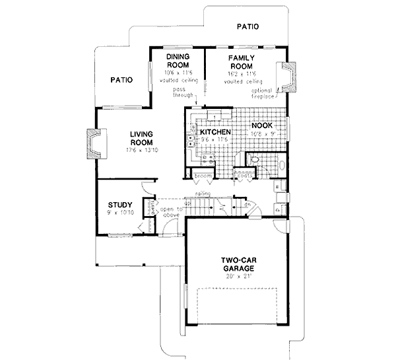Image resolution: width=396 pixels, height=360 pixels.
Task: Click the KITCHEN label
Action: point(216,132)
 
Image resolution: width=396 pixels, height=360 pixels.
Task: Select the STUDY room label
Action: point(120,204)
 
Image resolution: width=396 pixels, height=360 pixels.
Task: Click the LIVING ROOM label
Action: point(141,139)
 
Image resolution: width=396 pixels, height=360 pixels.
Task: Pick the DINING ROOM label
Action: point(178,61)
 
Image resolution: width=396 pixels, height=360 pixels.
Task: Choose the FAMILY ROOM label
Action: point(242,61)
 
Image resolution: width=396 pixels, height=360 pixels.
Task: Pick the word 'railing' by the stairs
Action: point(203,194)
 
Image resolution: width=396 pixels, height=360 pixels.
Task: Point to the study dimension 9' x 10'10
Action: point(120,213)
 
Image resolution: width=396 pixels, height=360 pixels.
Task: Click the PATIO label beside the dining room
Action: point(122,80)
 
